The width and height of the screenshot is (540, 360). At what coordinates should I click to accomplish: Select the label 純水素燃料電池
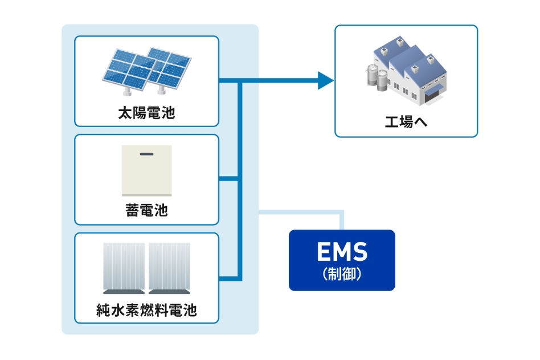pos(146,311)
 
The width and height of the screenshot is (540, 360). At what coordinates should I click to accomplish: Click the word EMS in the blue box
pos(342,252)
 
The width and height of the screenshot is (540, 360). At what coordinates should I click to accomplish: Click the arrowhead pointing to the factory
pos(325,81)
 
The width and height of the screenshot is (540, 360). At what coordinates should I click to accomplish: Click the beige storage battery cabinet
pos(146,171)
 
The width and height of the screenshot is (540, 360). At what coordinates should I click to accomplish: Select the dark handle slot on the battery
pos(146,154)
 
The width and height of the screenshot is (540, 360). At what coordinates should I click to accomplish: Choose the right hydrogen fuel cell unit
pos(170,266)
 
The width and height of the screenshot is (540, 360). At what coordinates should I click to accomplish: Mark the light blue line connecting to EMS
pos(302,213)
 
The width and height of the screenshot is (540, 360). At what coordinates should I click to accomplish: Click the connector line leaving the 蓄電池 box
pos(228,179)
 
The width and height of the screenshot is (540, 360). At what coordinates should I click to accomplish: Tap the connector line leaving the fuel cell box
pos(228,279)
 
